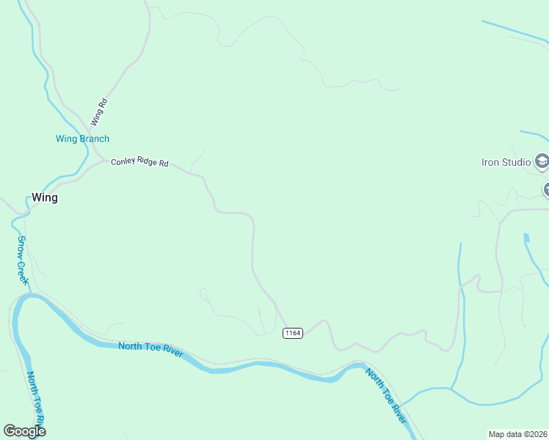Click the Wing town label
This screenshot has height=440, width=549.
tap(44, 197)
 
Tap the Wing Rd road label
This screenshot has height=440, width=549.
tap(99, 112)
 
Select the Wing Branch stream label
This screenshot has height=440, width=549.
tap(82, 139)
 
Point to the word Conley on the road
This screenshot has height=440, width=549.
tap(123, 161)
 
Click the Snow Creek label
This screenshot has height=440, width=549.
tap(23, 260)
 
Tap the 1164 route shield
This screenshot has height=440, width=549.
tap(292, 333)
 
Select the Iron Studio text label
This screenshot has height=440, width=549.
tap(505, 162)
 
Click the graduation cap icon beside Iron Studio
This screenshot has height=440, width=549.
tap(542, 161)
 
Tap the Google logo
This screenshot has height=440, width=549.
tap(24, 431)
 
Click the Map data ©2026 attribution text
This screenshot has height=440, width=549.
tap(518, 434)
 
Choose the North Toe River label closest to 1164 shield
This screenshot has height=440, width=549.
tap(386, 396)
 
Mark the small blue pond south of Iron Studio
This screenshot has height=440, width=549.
tap(526, 238)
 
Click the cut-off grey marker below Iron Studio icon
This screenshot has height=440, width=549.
tap(546, 190)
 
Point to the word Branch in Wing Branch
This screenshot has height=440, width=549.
tap(94, 139)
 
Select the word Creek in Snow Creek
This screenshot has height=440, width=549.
tap(24, 271)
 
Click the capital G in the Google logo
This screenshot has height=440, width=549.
tap(10, 431)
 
